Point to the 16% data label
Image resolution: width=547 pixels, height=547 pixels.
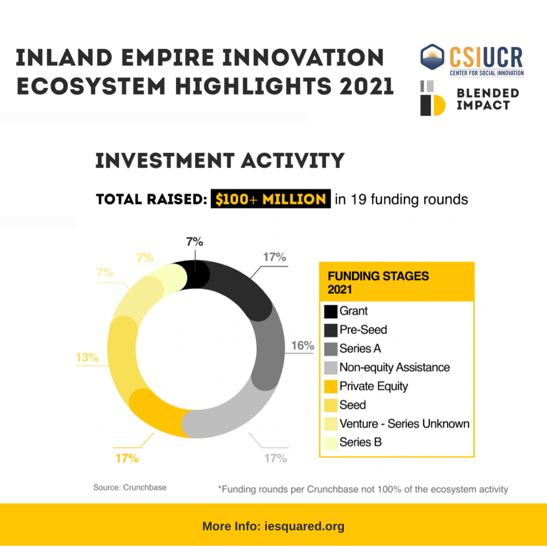click(x=302, y=345)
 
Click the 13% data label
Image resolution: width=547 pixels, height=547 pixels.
click(x=87, y=357)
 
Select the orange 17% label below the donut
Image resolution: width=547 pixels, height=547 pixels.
click(x=127, y=458)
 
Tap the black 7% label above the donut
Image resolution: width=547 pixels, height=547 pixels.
click(x=194, y=242)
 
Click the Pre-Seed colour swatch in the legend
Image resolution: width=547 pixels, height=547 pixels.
click(x=330, y=330)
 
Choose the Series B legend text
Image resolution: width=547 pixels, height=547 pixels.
click(x=361, y=442)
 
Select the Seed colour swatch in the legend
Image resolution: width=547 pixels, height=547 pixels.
click(x=330, y=405)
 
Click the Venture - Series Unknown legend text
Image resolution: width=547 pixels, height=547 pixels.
click(x=404, y=423)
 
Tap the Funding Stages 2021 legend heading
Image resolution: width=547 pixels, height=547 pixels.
click(x=378, y=283)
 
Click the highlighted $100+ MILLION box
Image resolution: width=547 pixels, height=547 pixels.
click(x=270, y=199)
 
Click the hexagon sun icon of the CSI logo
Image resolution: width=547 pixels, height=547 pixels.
click(x=432, y=57)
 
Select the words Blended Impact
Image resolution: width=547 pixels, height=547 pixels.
click(x=488, y=99)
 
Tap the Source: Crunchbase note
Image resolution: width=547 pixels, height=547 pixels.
click(x=130, y=487)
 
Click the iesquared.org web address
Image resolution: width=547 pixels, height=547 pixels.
click(x=304, y=526)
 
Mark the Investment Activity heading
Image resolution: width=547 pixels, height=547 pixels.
click(x=220, y=161)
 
